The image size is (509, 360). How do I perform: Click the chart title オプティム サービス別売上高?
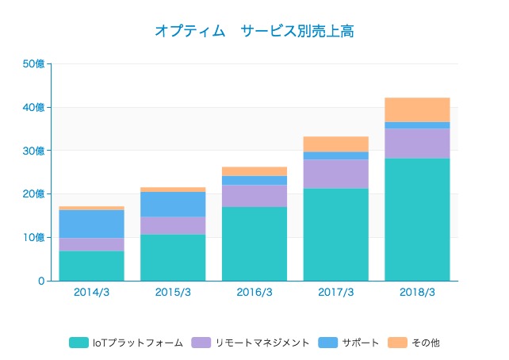click(254, 32)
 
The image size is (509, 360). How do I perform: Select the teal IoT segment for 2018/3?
click(417, 220)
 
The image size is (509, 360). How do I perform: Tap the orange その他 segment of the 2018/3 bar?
click(417, 109)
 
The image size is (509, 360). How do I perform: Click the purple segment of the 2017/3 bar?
click(335, 174)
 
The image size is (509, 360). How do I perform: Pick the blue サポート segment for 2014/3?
click(91, 224)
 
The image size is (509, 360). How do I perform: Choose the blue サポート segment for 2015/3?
click(173, 205)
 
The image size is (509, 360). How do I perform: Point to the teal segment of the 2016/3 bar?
click(254, 243)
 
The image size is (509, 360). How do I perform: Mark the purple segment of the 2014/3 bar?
click(91, 244)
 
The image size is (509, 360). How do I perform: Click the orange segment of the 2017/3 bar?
click(335, 144)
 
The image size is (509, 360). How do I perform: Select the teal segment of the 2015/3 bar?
click(173, 257)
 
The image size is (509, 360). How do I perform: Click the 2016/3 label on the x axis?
click(254, 292)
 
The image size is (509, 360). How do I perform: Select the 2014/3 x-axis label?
click(91, 292)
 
